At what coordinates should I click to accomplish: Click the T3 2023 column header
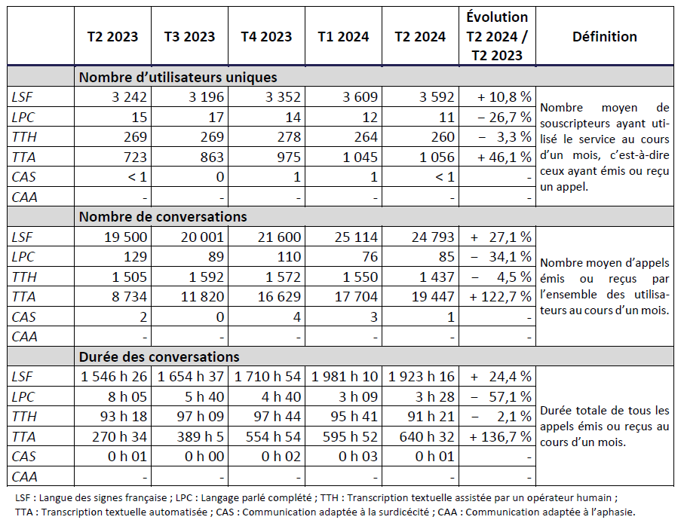pyautogui.click(x=189, y=36)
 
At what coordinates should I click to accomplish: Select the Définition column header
pyautogui.click(x=604, y=36)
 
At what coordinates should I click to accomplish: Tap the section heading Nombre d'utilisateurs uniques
pyautogui.click(x=178, y=77)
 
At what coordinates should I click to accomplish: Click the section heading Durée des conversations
pyautogui.click(x=159, y=356)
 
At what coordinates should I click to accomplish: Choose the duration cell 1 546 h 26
pyautogui.click(x=115, y=376)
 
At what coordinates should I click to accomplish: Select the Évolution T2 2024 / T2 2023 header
pyautogui.click(x=497, y=36)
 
